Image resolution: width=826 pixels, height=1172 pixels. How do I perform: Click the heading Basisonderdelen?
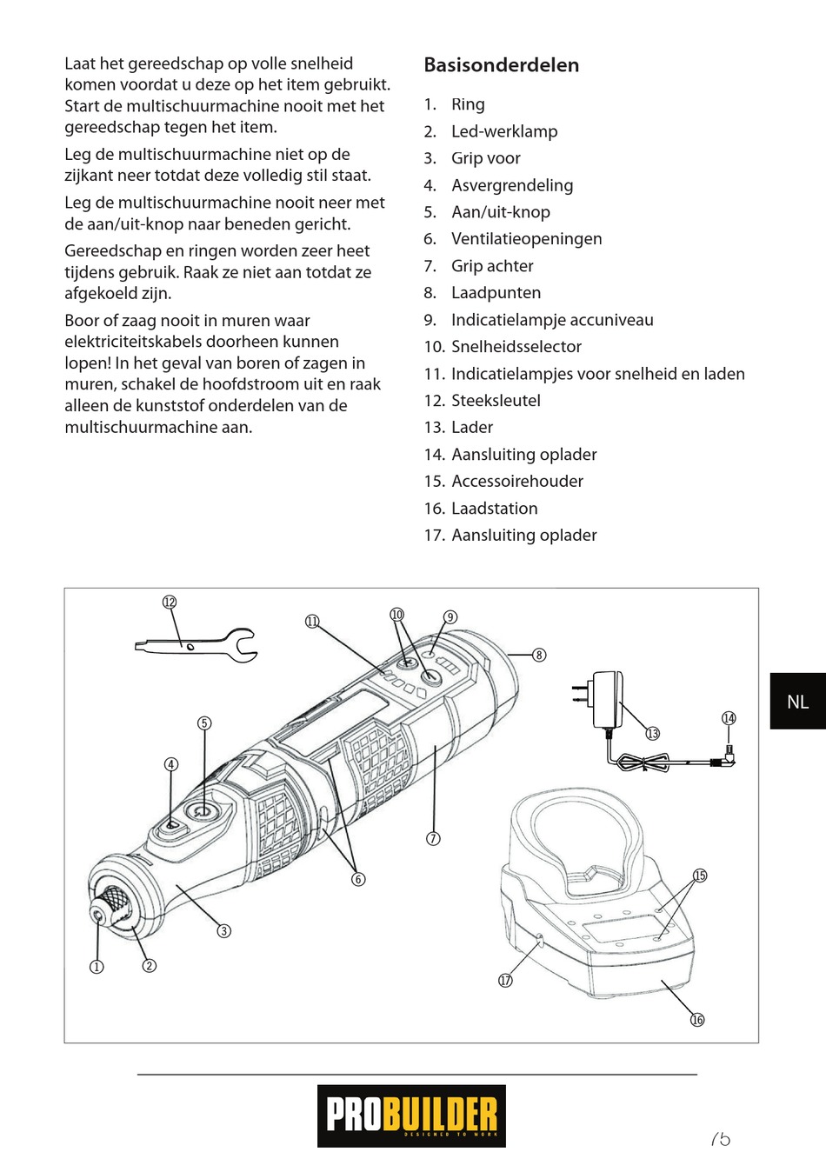501,65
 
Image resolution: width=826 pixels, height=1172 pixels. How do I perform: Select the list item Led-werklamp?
503,131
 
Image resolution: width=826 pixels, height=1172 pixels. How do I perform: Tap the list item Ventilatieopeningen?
526,239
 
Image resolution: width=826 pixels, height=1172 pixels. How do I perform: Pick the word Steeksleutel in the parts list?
496,401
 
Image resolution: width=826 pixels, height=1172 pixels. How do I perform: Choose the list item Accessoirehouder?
516,482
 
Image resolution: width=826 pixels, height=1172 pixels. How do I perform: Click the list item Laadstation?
494,509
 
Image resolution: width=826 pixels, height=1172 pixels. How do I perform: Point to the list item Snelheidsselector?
516,347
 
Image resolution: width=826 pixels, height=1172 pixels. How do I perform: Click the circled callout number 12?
170,603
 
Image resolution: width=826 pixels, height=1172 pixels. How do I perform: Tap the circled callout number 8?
539,655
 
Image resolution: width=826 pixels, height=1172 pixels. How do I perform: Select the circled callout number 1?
97,967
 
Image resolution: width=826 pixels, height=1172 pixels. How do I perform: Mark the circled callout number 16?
697,1020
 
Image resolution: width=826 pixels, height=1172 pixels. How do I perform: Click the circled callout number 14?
729,718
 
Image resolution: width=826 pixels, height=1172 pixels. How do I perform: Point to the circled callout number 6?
358,879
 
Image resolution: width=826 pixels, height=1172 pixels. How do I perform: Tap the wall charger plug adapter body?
605,699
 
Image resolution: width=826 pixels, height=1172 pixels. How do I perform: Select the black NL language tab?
797,701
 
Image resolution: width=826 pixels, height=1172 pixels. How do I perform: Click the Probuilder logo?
411,1115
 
